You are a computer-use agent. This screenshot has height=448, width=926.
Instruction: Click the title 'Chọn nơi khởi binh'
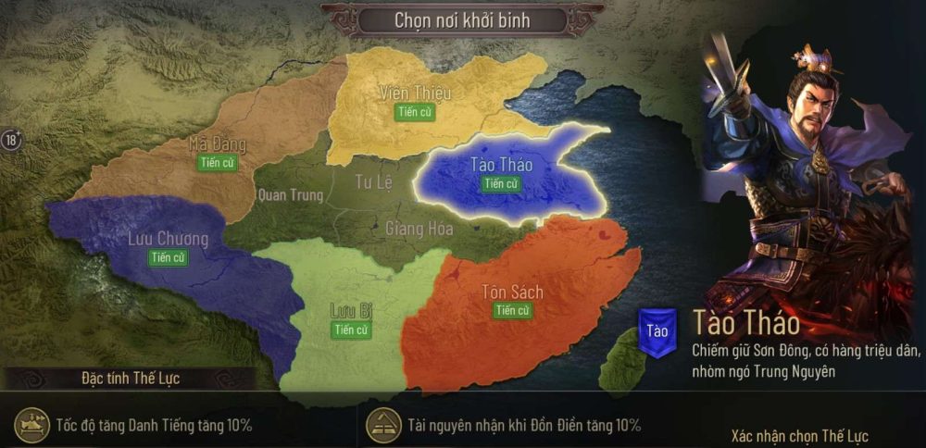463,19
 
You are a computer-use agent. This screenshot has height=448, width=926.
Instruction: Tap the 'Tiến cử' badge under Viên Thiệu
416,112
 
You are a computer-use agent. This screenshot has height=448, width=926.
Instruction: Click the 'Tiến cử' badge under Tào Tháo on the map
500,183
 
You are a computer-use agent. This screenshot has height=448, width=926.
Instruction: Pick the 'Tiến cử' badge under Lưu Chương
168,257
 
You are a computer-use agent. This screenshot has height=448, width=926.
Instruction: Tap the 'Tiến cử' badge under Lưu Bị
351,330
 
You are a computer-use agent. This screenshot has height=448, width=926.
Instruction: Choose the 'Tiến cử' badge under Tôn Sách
512,311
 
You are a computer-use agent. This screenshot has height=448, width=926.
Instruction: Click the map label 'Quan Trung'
291,195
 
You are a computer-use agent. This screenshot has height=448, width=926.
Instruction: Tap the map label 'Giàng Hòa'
419,229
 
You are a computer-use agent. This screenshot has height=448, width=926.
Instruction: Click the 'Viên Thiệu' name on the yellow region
415,93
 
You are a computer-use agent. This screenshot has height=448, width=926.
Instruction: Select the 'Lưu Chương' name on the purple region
168,239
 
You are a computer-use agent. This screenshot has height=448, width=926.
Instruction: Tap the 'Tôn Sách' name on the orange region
512,292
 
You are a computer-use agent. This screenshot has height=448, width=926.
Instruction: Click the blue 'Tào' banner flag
657,332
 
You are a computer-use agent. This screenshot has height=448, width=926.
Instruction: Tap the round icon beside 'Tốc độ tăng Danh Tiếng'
33,425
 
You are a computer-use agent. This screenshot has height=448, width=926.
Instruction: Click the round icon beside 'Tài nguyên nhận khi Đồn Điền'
383,425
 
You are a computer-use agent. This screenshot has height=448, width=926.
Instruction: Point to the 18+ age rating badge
12,141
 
